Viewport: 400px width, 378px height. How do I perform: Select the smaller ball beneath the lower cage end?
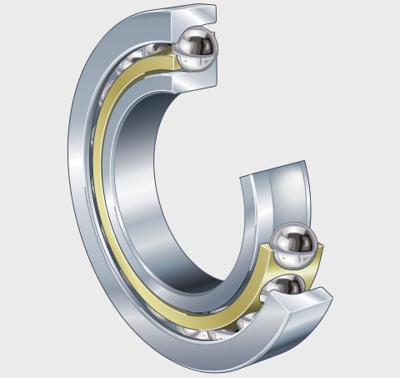coord(287,286)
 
